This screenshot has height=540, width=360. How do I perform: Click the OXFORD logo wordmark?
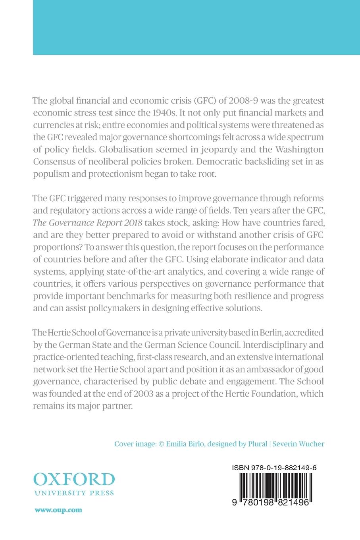pos(74,480)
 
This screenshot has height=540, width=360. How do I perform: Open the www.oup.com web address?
pos(58,510)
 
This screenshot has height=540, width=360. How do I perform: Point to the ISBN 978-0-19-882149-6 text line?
pos(274,468)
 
